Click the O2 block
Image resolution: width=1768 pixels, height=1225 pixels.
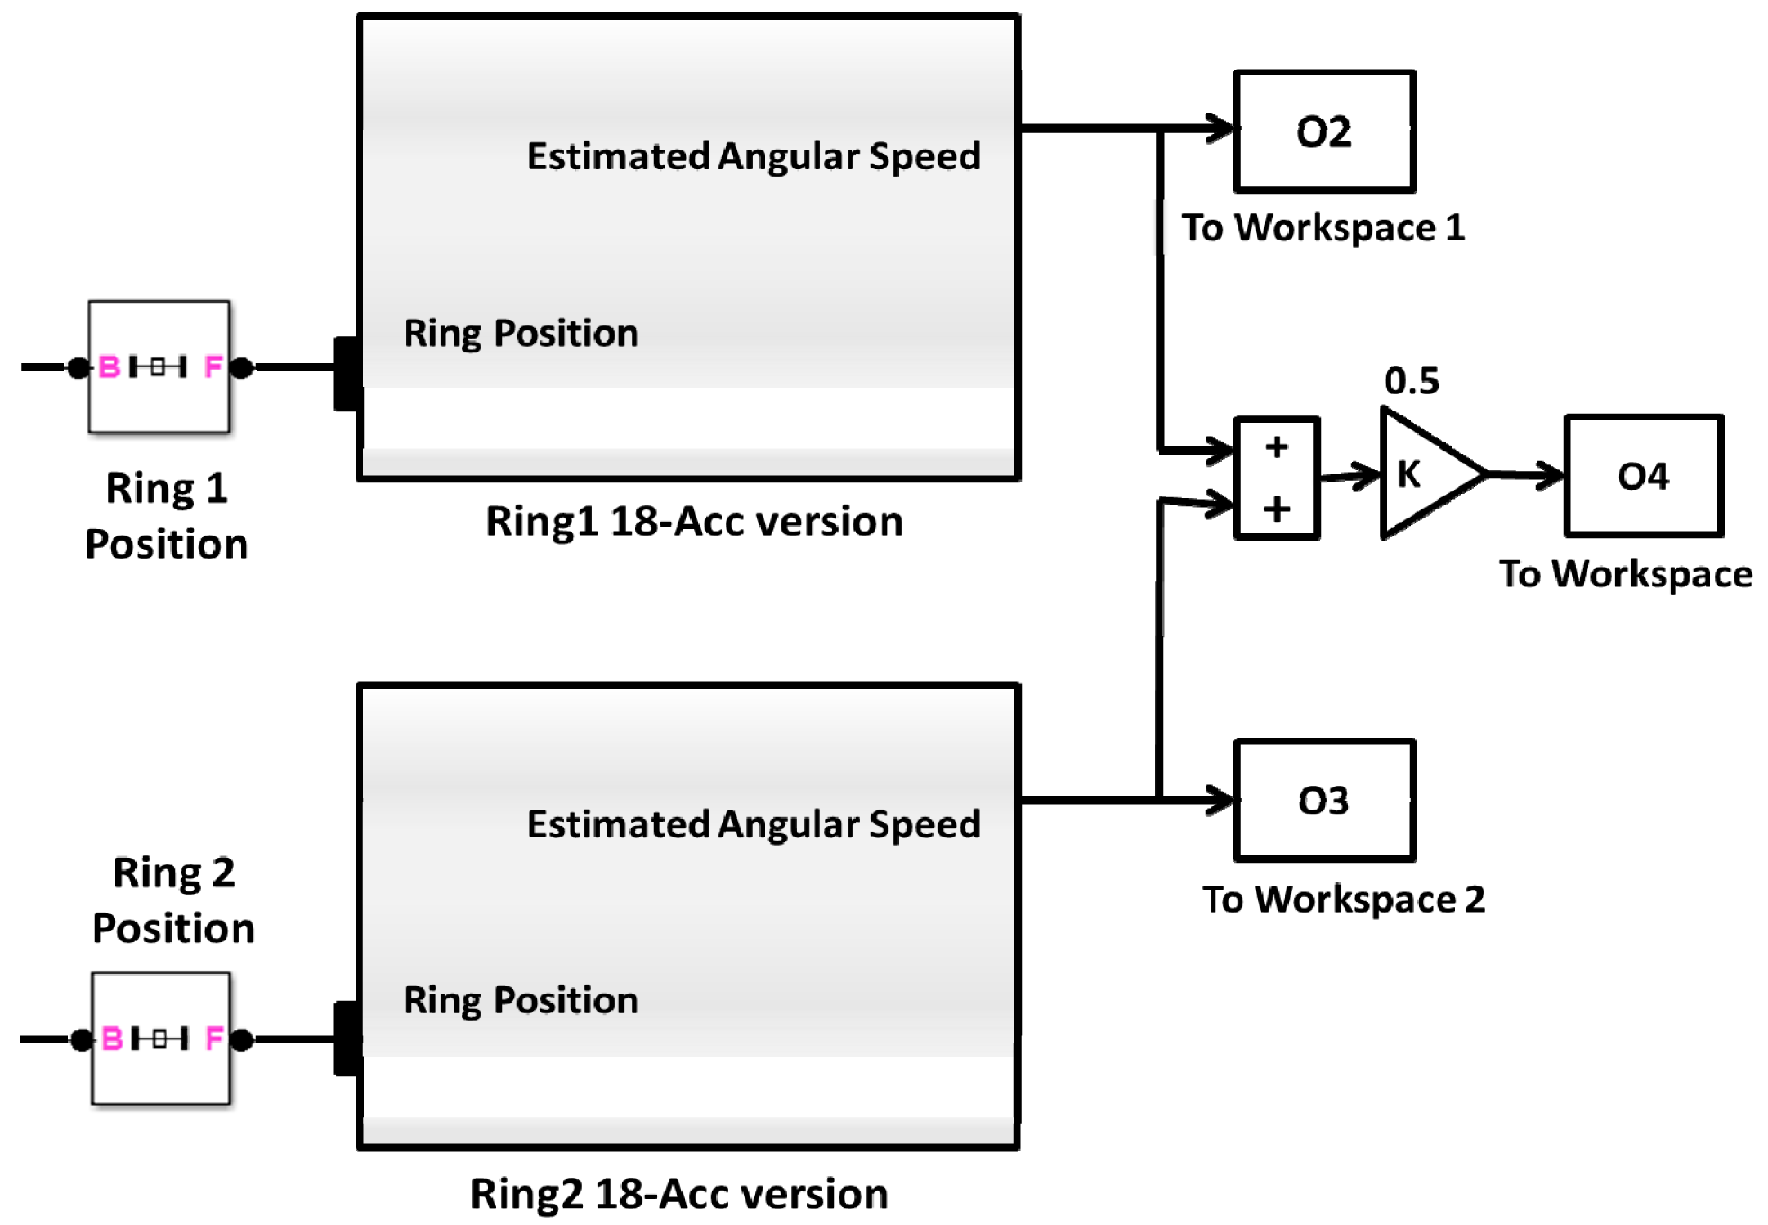point(1323,132)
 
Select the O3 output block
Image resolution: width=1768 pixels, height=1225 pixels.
point(1323,801)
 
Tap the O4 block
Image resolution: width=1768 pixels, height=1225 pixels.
point(1643,476)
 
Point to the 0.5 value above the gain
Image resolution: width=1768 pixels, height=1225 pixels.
point(1412,381)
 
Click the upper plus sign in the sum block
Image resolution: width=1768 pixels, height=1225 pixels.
point(1276,447)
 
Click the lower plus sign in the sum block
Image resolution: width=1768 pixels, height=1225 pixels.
point(1276,509)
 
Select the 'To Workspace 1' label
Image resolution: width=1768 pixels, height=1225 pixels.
point(1323,227)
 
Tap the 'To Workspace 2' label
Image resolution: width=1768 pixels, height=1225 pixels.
point(1343,900)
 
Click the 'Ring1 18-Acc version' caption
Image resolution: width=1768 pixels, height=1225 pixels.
point(694,522)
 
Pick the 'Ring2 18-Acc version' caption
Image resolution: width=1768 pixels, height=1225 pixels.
point(678,1194)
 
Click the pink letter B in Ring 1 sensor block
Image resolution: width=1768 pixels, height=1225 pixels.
point(109,367)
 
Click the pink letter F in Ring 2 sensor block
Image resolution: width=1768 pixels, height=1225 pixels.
point(214,1039)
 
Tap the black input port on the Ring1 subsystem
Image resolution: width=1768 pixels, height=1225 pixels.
point(347,373)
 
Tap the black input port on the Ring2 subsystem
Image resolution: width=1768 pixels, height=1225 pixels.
point(347,1039)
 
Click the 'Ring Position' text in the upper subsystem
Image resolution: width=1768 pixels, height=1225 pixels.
point(521,334)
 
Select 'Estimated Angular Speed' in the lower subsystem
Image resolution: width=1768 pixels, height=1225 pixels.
point(753,824)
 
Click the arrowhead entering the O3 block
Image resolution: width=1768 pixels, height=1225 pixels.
point(1220,800)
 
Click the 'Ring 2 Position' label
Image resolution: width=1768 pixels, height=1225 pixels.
point(173,900)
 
